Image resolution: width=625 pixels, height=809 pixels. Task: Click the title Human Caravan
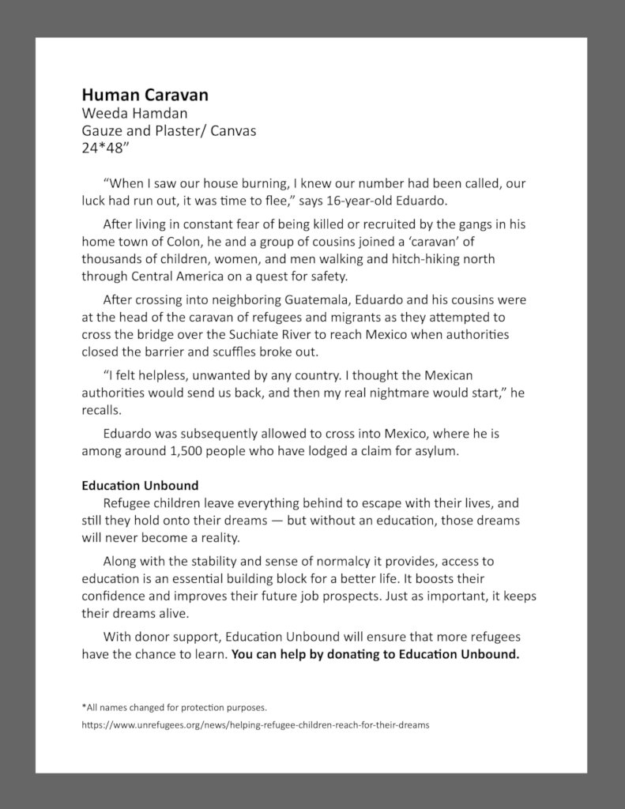pyautogui.click(x=145, y=95)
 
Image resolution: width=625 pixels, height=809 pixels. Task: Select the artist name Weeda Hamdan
pyautogui.click(x=134, y=113)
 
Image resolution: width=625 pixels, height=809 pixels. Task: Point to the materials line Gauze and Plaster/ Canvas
pyautogui.click(x=168, y=130)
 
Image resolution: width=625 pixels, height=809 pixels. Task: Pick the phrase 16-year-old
pyautogui.click(x=378, y=199)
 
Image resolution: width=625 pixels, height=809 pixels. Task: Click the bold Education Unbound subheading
pyautogui.click(x=140, y=485)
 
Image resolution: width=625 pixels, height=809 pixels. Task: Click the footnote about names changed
pyautogui.click(x=174, y=707)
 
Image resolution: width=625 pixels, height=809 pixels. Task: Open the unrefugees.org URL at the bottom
pyautogui.click(x=255, y=725)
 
